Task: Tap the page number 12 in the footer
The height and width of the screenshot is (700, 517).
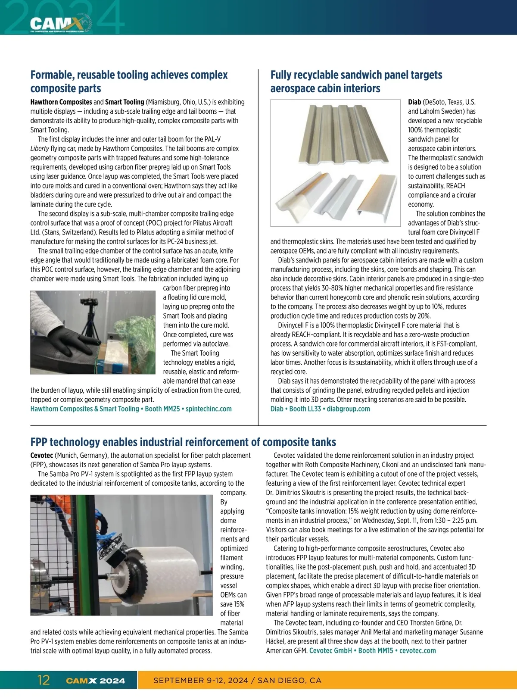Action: coord(44,681)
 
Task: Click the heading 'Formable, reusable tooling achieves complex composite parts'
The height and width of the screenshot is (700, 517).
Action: coord(129,81)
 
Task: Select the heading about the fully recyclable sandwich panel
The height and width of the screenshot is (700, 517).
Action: coord(356,81)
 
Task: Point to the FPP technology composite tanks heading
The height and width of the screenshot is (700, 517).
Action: coord(183,442)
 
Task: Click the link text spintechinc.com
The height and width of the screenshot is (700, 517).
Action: coord(209,409)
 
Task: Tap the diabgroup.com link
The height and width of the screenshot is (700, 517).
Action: coord(348,409)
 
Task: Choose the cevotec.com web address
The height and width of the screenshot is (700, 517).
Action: coord(417,650)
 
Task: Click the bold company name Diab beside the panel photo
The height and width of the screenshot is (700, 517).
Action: coord(414,102)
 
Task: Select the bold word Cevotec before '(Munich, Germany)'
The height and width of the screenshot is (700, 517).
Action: coord(42,456)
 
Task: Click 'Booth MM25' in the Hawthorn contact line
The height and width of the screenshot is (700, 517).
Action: coord(162,409)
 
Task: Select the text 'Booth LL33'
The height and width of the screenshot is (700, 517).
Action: coord(305,409)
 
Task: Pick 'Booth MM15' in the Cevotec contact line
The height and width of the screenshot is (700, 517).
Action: coord(376,650)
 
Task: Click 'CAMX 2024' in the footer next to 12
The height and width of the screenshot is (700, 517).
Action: coord(96,681)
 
